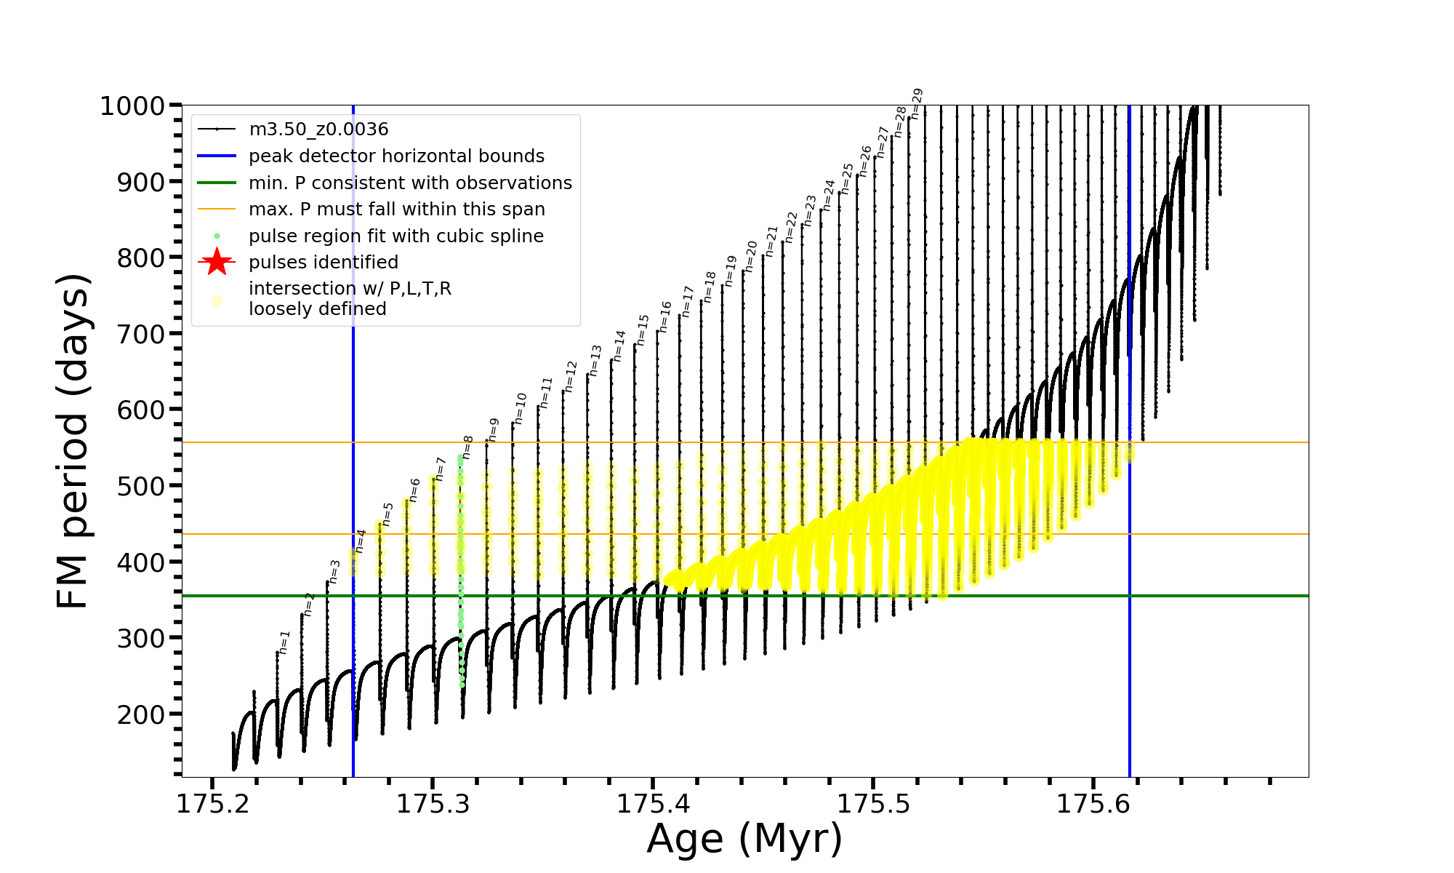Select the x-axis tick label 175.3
point(433,804)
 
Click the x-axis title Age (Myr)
point(744,839)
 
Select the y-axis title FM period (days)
point(74,441)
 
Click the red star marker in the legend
point(217,262)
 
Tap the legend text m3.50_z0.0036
point(318,129)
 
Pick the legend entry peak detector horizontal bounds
point(396,156)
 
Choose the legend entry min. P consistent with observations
point(410,183)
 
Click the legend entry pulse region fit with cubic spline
point(395,236)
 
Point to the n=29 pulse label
point(917,103)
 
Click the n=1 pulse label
point(284,642)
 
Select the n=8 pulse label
point(468,447)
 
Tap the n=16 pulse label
point(665,316)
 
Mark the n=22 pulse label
point(791,227)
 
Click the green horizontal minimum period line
point(800,596)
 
